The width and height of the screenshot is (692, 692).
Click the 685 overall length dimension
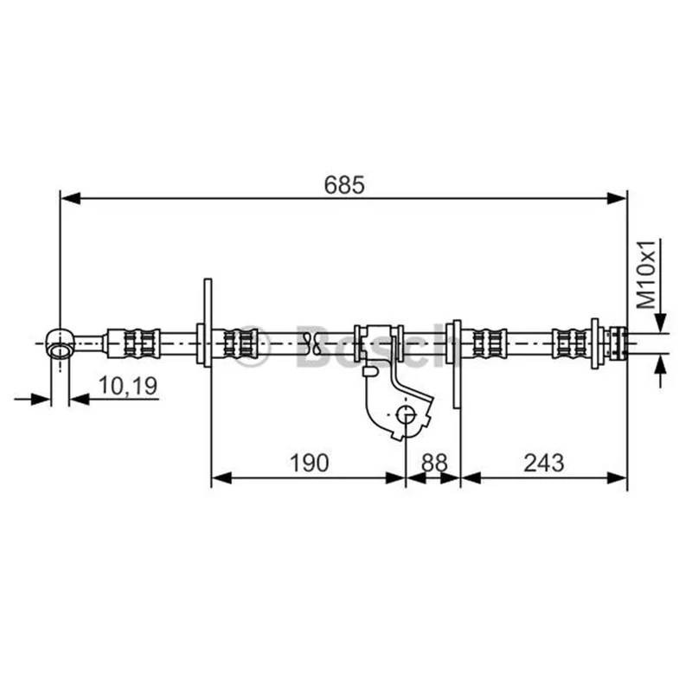(x=344, y=185)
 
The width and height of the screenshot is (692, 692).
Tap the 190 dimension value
(x=309, y=463)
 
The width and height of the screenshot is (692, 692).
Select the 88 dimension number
(x=434, y=463)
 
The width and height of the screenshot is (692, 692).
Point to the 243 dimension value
(x=544, y=463)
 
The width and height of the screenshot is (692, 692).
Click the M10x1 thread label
(x=646, y=274)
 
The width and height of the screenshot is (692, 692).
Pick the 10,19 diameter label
(x=127, y=386)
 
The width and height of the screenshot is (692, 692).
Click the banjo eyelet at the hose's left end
(x=60, y=343)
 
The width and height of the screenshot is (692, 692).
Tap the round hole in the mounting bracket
(x=406, y=415)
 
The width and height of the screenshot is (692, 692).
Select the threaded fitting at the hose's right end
(x=618, y=343)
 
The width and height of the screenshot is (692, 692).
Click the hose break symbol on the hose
(x=311, y=343)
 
